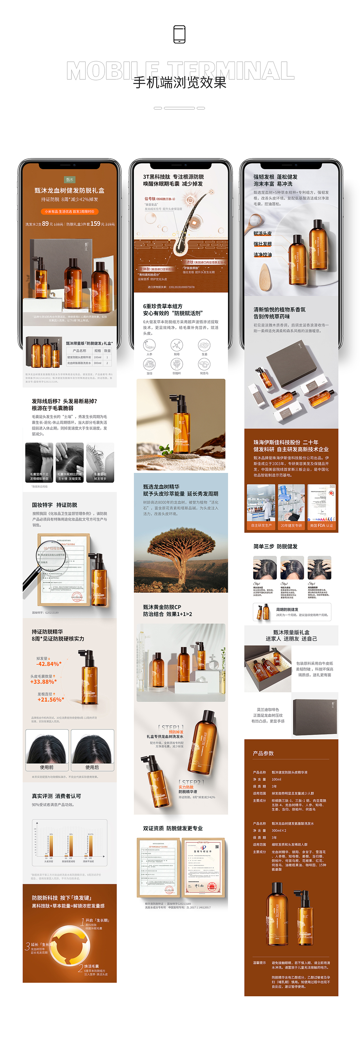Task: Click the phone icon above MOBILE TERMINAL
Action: coord(179,34)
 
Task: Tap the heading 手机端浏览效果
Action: coord(180,83)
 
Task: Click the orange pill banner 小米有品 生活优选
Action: coord(69,211)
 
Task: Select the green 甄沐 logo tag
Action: coord(69,180)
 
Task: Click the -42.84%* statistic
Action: coord(49,664)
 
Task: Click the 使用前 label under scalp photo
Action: coord(47,767)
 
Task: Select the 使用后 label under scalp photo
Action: coord(92,767)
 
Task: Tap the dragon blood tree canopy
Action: coord(181,541)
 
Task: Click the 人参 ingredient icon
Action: coord(150,346)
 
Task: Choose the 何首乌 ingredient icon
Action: coord(204,364)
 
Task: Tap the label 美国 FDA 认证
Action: coord(322,525)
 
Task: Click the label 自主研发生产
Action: coord(261,525)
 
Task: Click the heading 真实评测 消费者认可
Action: coord(56,796)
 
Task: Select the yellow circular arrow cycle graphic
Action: coord(69,945)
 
